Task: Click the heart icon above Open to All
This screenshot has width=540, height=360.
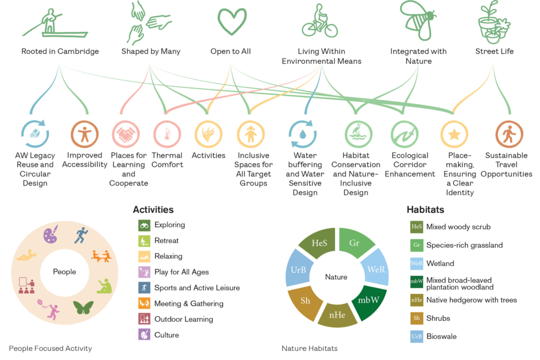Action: (232, 21)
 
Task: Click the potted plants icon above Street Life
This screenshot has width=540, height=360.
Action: (493, 22)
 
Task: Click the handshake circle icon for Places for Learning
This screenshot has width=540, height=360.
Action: (125, 134)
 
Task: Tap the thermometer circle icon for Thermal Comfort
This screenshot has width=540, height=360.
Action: (166, 134)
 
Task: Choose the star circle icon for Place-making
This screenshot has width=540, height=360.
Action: (454, 134)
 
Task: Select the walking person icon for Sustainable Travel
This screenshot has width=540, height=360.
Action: (509, 134)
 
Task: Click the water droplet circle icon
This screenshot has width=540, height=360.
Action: (302, 134)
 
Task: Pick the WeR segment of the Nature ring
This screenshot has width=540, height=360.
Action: (375, 268)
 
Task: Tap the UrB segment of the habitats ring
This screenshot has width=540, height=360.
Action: (295, 269)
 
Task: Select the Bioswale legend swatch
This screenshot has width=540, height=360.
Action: (416, 336)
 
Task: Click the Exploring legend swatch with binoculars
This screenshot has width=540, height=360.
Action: (144, 225)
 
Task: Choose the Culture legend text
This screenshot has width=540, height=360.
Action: (166, 335)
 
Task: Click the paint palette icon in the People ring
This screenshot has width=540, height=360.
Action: (50, 235)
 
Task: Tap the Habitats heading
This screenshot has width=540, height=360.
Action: (425, 210)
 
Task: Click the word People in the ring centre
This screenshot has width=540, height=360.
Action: (64, 272)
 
